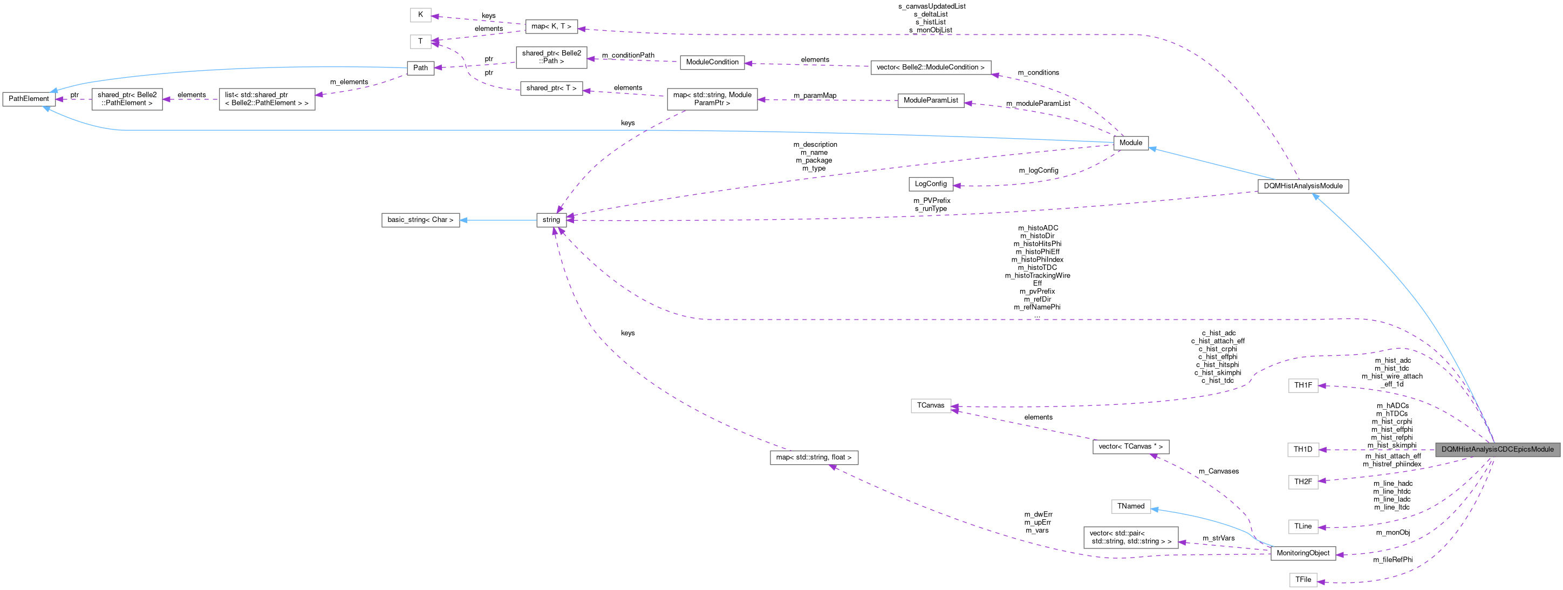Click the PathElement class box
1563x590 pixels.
29,99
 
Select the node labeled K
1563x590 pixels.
420,15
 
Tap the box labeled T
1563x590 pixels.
420,41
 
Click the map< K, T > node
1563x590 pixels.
551,26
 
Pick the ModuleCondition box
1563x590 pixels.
712,62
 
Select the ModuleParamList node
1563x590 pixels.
930,100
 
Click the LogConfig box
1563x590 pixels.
930,184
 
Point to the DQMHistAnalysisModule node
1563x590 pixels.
1303,186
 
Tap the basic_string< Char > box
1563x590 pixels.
420,220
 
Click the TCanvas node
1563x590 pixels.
930,405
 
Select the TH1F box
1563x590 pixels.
1303,385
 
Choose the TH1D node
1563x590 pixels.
1303,449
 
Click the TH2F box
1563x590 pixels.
1303,482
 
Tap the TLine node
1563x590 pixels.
1303,526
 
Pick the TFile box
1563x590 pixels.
1303,580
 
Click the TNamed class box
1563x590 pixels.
1130,506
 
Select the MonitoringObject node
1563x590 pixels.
1303,553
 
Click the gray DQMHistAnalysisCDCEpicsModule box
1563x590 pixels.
1497,449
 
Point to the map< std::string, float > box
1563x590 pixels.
814,457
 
